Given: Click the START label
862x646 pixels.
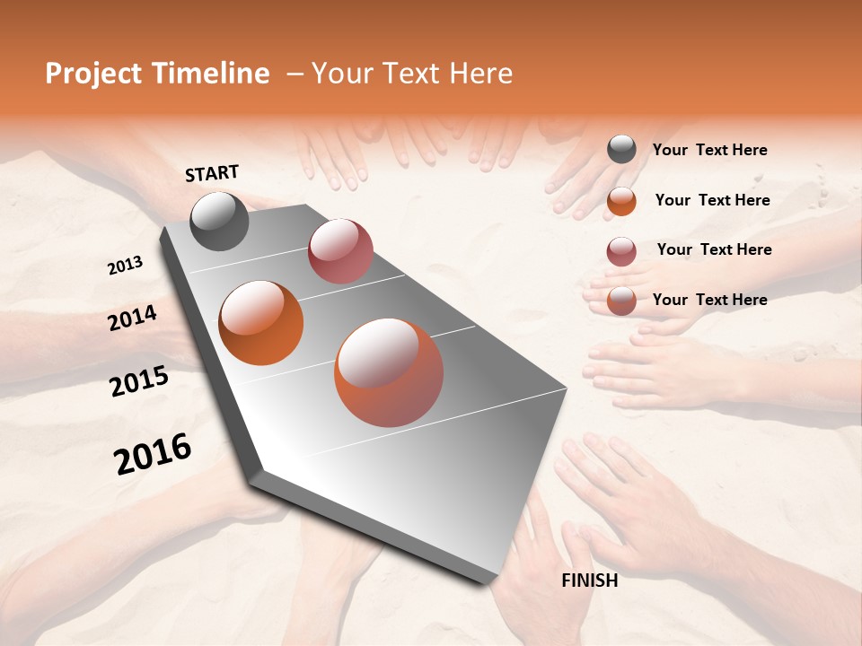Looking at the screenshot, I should [212, 173].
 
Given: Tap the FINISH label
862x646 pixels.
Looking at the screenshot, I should [590, 581].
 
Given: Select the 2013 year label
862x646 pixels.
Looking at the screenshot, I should [126, 266].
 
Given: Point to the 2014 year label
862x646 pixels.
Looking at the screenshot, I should [133, 319].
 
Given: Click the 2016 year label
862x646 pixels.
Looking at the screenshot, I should [153, 454].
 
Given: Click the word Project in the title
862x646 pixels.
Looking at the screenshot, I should [94, 74].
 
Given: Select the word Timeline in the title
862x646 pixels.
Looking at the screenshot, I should [212, 74].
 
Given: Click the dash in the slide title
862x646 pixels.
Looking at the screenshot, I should [294, 74].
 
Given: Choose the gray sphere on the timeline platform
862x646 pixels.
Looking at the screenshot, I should [220, 221].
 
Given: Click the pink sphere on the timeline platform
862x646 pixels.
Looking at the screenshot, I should [340, 251].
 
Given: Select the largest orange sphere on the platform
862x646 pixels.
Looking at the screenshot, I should [389, 373].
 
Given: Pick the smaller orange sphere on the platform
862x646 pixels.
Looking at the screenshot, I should [261, 323].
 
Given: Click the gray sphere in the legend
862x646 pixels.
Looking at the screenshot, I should [621, 150].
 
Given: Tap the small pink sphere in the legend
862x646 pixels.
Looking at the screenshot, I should [621, 251].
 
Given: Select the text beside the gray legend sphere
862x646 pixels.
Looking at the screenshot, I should [709, 151].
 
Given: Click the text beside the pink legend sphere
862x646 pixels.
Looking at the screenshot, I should [714, 249].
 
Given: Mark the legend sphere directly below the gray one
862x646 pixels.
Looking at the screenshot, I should [621, 201].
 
